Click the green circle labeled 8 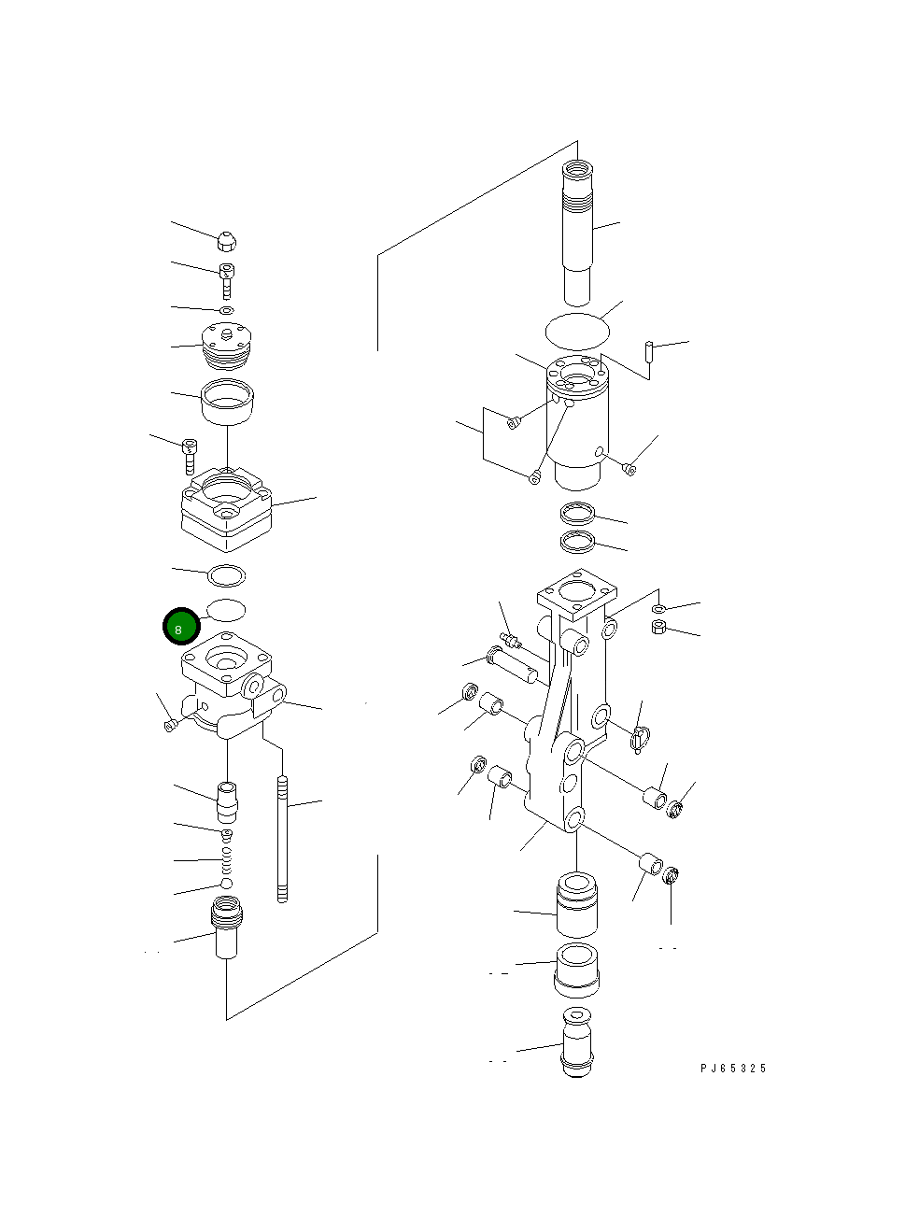click(x=180, y=627)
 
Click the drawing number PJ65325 click(x=733, y=1068)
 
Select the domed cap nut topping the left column click(x=226, y=241)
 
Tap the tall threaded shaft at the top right click(x=577, y=234)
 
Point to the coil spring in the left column click(x=226, y=859)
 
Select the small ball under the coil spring click(x=226, y=884)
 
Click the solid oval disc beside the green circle click(x=226, y=610)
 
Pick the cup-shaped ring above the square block click(x=227, y=402)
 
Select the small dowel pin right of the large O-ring click(x=647, y=352)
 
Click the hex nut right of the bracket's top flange click(x=659, y=627)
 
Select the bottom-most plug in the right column click(x=578, y=1042)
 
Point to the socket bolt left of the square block click(x=190, y=455)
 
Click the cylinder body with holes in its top click(x=577, y=420)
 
